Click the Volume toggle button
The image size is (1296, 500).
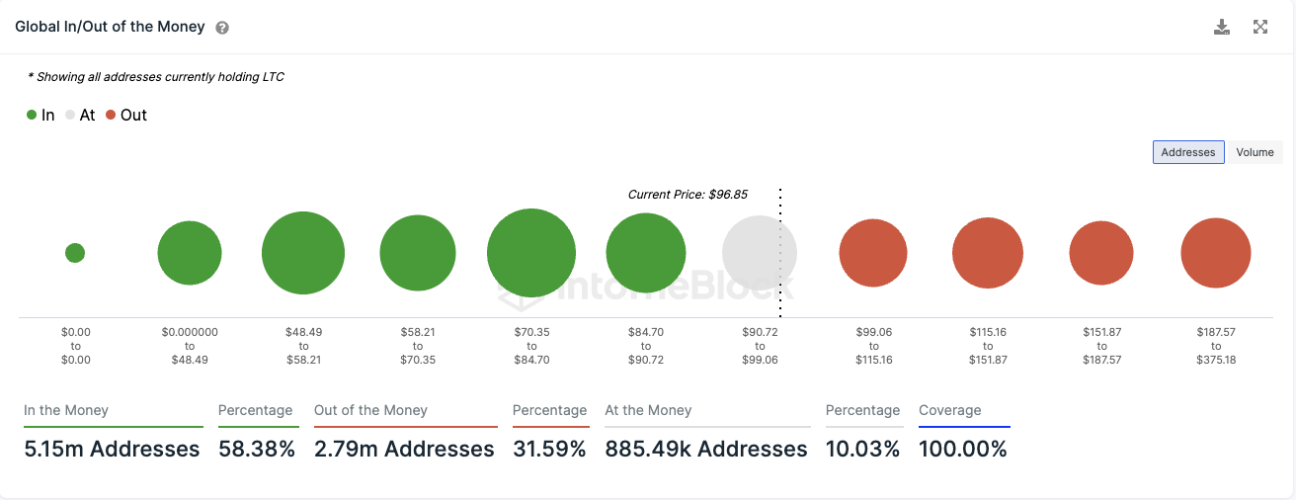click(1255, 152)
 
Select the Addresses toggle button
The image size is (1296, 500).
click(1188, 152)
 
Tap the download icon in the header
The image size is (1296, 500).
click(1222, 28)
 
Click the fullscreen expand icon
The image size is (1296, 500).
click(1260, 28)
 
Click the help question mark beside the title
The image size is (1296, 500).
click(222, 28)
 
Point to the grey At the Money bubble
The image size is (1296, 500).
click(759, 254)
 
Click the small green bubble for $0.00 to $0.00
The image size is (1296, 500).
click(75, 253)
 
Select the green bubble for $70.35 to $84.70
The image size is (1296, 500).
click(531, 253)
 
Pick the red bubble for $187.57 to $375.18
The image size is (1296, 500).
click(1216, 253)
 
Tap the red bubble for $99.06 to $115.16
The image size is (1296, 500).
click(873, 253)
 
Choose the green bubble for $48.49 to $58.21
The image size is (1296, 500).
click(303, 253)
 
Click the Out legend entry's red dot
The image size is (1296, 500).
click(111, 116)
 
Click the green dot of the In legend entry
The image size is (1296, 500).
click(33, 116)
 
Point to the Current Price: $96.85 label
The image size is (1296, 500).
click(688, 195)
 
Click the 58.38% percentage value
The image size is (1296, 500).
click(256, 450)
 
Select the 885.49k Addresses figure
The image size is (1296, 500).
click(706, 450)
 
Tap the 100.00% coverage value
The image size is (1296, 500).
click(963, 450)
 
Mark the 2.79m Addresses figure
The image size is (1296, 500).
click(404, 450)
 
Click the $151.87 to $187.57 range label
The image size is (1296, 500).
click(1101, 346)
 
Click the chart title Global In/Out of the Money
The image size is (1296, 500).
click(110, 27)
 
